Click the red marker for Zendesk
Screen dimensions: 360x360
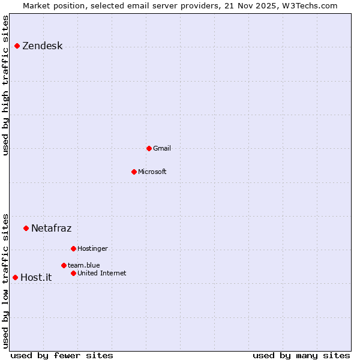(17, 46)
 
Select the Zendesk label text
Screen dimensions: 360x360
(42, 46)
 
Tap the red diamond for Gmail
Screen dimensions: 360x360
(149, 148)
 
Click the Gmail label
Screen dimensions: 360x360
(161, 148)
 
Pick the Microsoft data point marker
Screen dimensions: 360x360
(134, 172)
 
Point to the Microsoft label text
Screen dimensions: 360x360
(152, 172)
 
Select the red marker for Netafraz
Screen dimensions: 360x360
(26, 228)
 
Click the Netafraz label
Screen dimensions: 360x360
(51, 228)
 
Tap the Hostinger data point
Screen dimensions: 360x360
(73, 248)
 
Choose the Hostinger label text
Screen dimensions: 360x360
(92, 248)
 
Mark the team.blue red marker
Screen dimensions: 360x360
(64, 265)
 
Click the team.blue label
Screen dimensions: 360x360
(83, 265)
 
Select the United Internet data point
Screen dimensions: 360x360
(73, 273)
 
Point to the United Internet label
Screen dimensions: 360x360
(101, 273)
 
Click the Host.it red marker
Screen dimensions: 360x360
(15, 277)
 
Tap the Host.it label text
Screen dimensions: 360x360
(36, 277)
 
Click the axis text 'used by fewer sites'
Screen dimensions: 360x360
(62, 355)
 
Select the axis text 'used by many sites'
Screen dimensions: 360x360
(301, 355)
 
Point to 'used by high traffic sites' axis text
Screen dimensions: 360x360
(5, 85)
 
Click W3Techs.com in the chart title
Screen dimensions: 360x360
(310, 5)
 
